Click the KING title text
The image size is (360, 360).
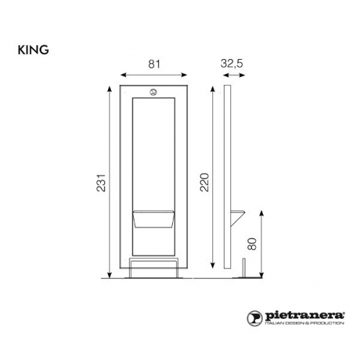coord(33,50)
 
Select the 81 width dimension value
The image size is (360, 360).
coord(154,64)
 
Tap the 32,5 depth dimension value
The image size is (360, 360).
coord(232,63)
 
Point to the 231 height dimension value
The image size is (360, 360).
coord(102,183)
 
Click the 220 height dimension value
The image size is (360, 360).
coord(204,182)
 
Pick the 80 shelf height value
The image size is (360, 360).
coord(252,244)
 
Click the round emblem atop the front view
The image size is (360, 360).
coord(153,92)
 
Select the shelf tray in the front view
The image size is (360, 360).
coord(153,219)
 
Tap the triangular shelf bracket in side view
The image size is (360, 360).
coord(238,218)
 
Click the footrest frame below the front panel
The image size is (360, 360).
coord(153,268)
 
